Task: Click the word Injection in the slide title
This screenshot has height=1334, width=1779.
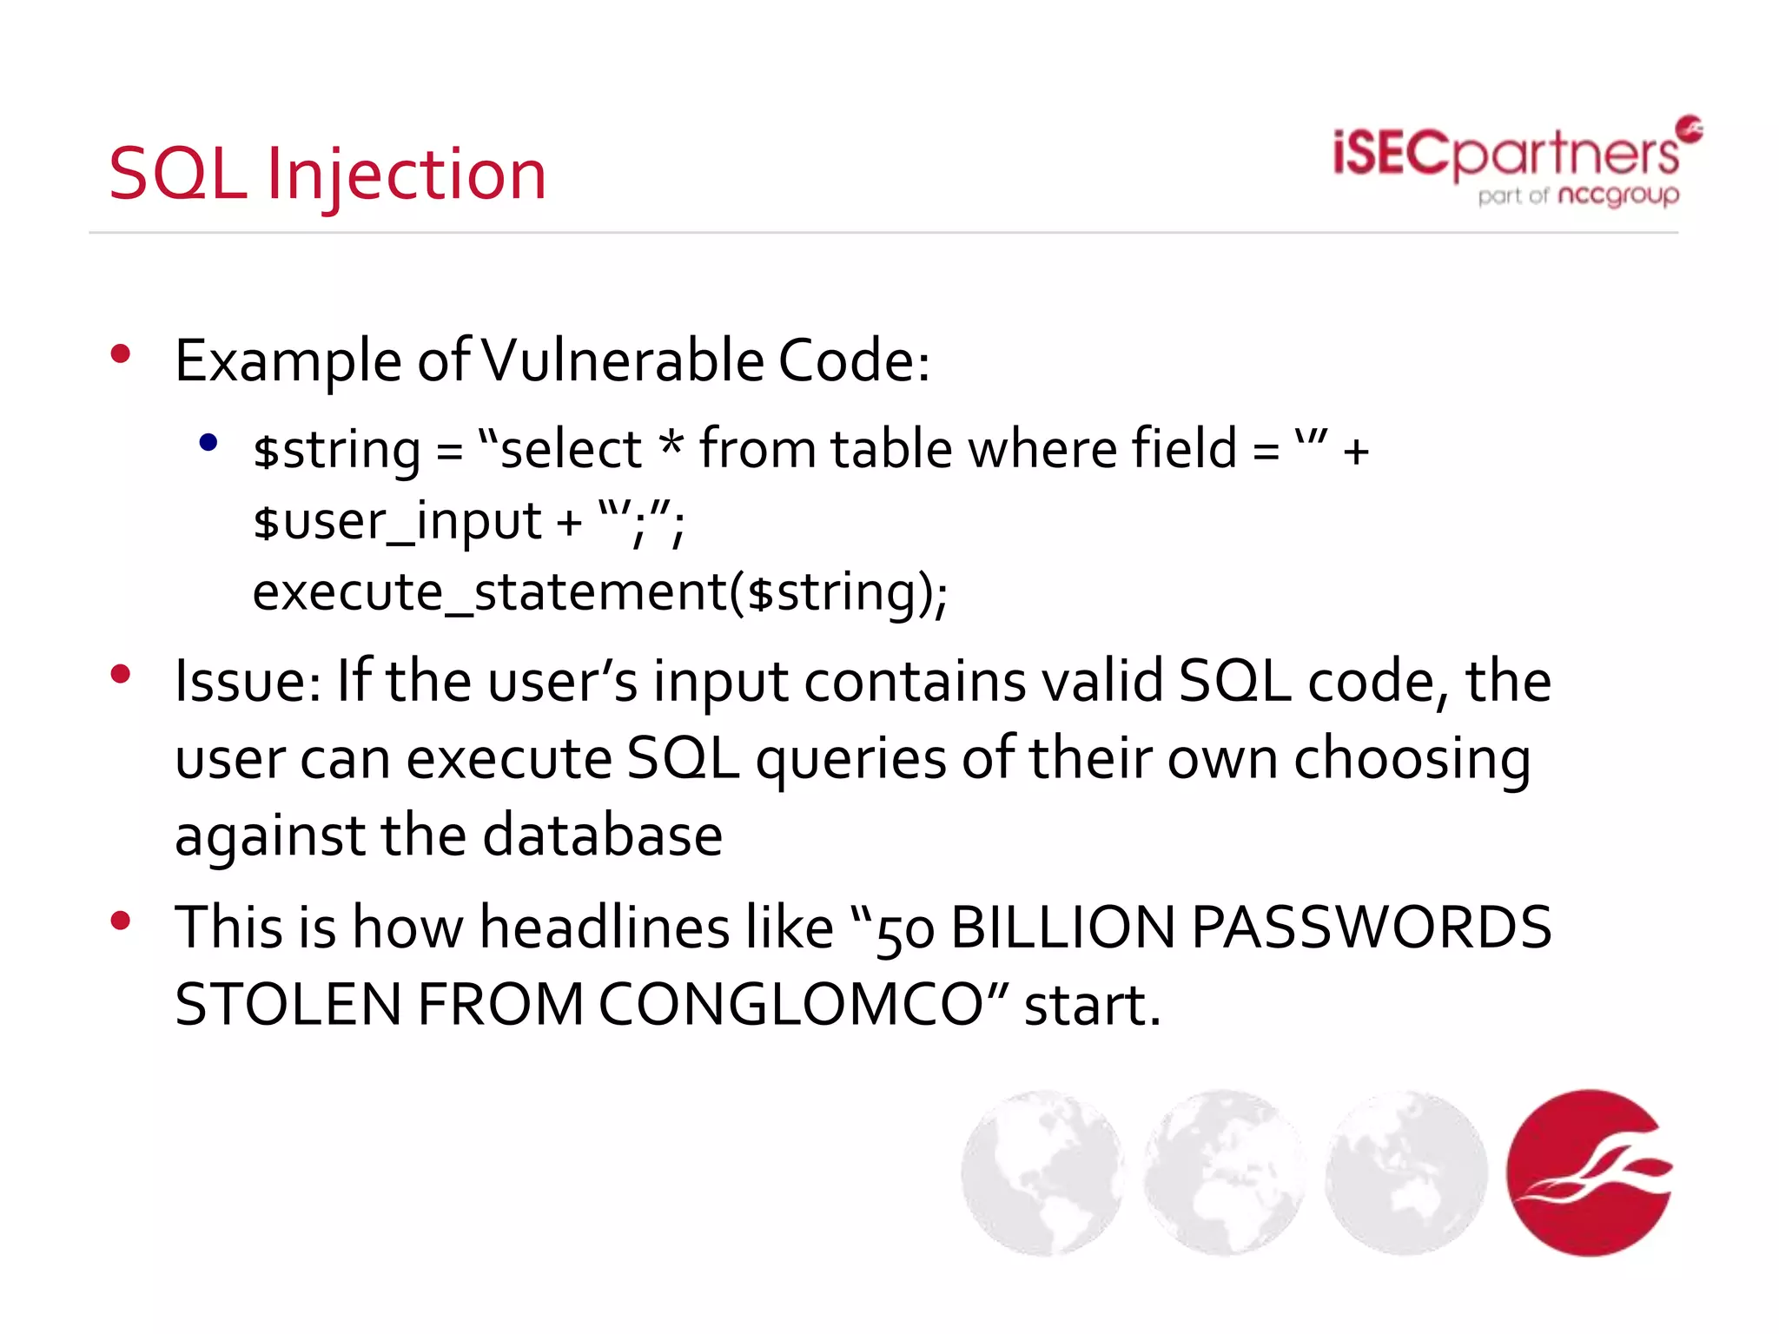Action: [407, 175]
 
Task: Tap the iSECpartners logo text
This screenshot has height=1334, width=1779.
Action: [1505, 154]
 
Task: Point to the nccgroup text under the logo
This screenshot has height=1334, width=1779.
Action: [1618, 195]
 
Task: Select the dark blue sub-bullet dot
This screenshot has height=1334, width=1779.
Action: [208, 443]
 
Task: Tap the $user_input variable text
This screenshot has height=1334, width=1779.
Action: [397, 521]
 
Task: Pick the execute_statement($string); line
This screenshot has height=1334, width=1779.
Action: [599, 592]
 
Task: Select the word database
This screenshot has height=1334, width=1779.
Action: [602, 835]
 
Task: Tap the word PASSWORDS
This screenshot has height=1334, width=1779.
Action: [1371, 928]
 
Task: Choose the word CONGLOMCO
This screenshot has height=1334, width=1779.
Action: [804, 1005]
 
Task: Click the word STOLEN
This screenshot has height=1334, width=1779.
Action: [288, 1005]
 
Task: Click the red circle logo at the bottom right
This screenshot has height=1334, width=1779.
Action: [1589, 1172]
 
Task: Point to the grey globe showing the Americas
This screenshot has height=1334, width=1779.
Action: [1042, 1172]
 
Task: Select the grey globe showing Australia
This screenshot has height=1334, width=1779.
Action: [1405, 1172]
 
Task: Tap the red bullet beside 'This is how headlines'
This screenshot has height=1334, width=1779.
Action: [121, 921]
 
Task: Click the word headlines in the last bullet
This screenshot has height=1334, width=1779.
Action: [605, 928]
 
